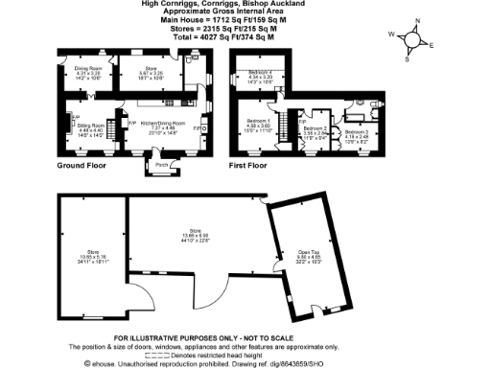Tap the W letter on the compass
pyautogui.click(x=391, y=34)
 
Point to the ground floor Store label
pyautogui.click(x=141, y=68)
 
